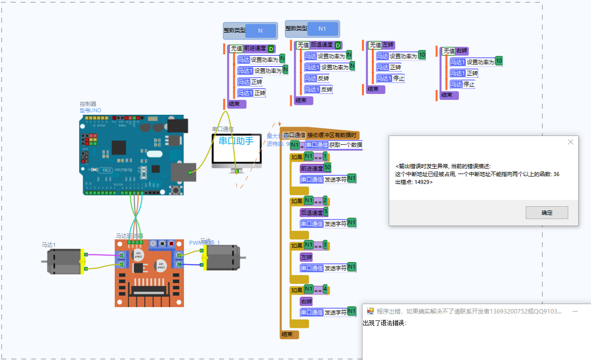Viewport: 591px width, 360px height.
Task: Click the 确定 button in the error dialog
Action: click(x=546, y=213)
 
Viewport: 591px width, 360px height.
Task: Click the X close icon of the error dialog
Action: click(x=570, y=142)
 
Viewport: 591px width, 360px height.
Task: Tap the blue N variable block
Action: click(x=261, y=31)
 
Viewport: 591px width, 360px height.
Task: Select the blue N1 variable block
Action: click(x=322, y=29)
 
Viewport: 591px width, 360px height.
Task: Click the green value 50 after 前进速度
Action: click(x=327, y=167)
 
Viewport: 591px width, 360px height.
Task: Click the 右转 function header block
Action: click(x=461, y=51)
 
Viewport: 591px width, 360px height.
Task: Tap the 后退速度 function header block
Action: click(x=321, y=45)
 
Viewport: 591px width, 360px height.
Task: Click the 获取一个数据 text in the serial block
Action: click(x=346, y=145)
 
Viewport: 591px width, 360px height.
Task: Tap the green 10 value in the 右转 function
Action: click(x=499, y=61)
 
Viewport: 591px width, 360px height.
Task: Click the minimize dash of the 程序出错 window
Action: click(x=575, y=312)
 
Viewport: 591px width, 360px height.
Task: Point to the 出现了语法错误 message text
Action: click(x=384, y=323)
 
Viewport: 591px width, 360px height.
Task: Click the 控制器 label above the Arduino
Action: click(x=88, y=104)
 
